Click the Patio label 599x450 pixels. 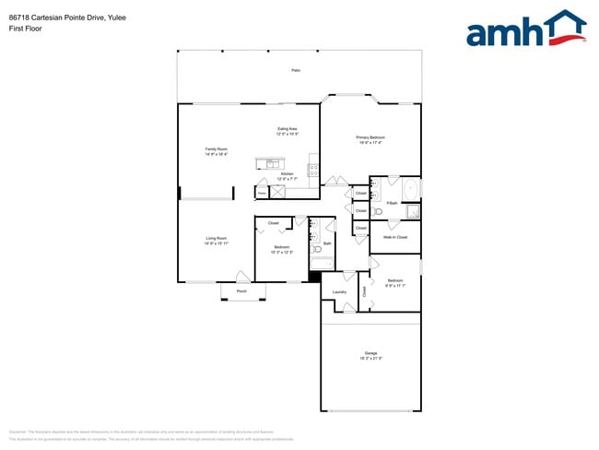pyautogui.click(x=296, y=70)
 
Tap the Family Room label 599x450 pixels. pyautogui.click(x=217, y=149)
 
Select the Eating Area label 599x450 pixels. pyautogui.click(x=287, y=128)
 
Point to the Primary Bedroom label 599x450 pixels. pyautogui.click(x=370, y=137)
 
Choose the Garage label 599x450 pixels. pyautogui.click(x=370, y=353)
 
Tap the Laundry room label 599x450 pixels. pyautogui.click(x=339, y=292)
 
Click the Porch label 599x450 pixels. pyautogui.click(x=241, y=291)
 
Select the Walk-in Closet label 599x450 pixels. pyautogui.click(x=395, y=237)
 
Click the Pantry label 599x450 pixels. pyautogui.click(x=262, y=194)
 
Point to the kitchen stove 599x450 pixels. pyautogui.click(x=313, y=171)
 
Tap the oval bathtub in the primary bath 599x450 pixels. pyautogui.click(x=411, y=189)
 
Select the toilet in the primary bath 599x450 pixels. pyautogui.click(x=378, y=211)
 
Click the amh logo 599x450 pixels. pyautogui.click(x=526, y=29)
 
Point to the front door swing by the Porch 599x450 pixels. pyautogui.click(x=242, y=276)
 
